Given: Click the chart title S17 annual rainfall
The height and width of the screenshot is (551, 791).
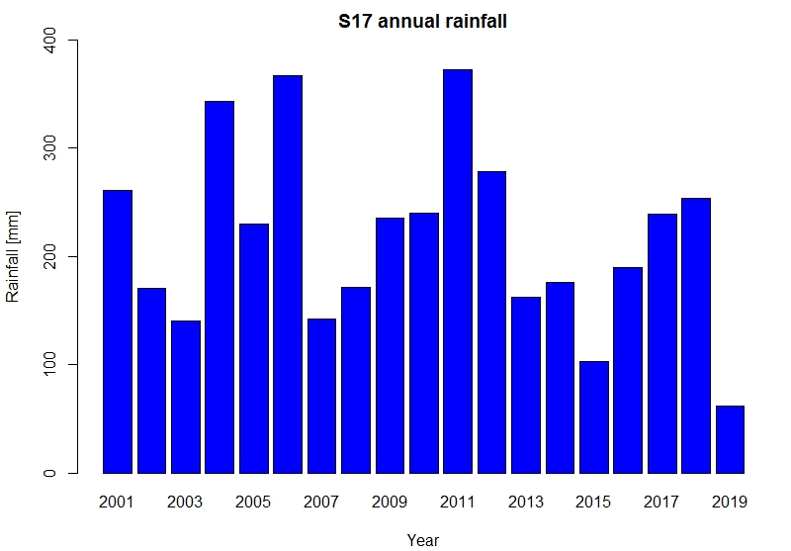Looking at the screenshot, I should (422, 21).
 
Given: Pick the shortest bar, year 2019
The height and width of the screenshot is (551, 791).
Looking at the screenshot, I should (730, 439).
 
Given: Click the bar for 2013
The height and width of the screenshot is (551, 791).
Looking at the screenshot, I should (526, 385).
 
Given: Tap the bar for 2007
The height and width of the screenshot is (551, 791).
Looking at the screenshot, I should (321, 396).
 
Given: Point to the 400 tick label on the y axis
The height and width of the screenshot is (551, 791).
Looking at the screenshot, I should (48, 41).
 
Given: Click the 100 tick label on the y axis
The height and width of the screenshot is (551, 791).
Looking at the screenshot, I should (48, 365).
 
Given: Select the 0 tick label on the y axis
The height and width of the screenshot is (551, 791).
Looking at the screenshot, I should (48, 473).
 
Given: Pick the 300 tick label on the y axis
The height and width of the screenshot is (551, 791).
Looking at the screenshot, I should (48, 148).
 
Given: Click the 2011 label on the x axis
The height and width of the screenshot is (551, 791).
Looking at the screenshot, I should (458, 502).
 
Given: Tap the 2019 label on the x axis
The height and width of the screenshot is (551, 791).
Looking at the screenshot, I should (730, 502).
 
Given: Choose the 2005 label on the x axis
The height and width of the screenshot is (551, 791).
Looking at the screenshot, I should (253, 502).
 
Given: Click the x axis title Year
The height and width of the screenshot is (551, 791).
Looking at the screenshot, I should (422, 540).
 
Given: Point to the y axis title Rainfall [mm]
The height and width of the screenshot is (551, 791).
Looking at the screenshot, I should (13, 257).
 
